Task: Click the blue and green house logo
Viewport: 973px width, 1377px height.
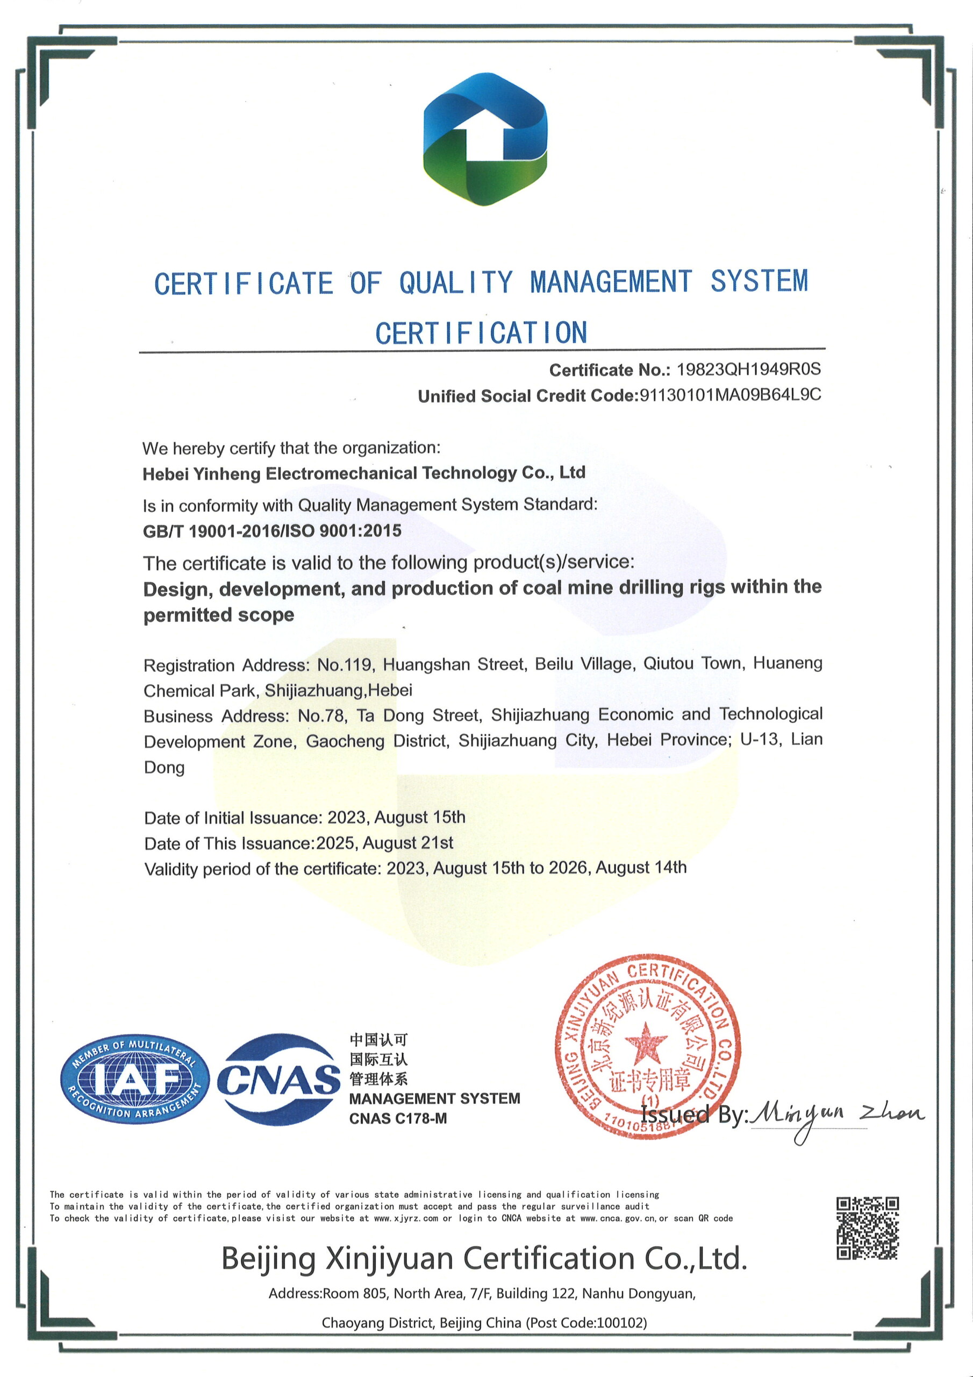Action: coord(485,139)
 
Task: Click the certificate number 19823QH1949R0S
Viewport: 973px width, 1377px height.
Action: coord(748,370)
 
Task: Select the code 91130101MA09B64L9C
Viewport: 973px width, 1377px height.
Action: coord(730,395)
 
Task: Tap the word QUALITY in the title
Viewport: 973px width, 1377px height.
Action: coord(456,282)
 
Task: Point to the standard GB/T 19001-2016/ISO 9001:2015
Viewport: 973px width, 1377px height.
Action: coord(272,531)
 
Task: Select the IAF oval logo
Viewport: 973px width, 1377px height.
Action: coord(135,1081)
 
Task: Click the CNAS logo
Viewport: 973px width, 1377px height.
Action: coord(278,1080)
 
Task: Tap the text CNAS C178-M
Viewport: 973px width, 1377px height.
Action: coord(398,1118)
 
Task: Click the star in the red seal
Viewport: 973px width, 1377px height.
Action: coord(646,1044)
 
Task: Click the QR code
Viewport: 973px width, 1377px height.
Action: coord(868,1227)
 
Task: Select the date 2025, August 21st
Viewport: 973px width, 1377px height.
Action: coord(384,843)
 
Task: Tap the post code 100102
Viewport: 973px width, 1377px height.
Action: coord(621,1323)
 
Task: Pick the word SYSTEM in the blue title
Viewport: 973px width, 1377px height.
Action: coord(759,281)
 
